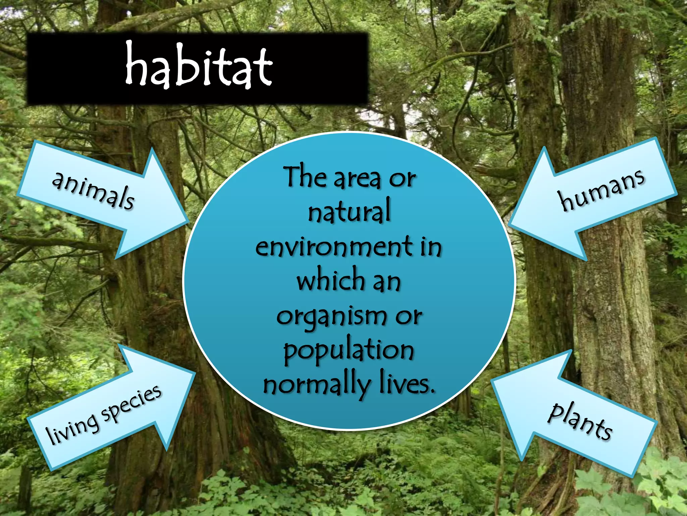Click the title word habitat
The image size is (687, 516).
pos(199,67)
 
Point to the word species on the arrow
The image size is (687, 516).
pos(131,403)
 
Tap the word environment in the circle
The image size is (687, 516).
pos(334,247)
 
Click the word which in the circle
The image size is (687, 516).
pos(331,280)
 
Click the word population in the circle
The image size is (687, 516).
pos(349,350)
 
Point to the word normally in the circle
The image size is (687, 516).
pos(317,385)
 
